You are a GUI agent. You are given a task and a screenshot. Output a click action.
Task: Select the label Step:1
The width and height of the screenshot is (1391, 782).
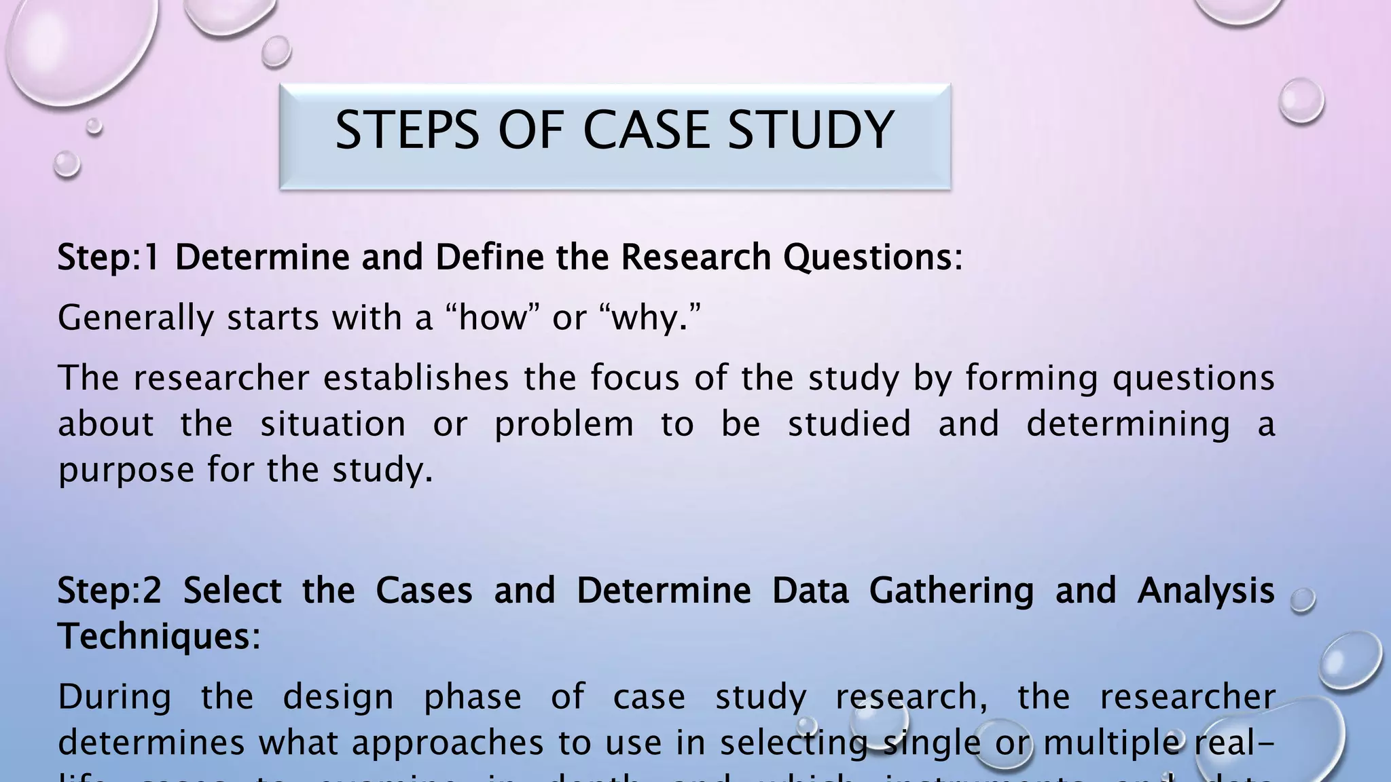pos(109,257)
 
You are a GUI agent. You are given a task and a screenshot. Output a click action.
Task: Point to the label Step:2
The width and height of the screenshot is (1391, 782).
pos(109,590)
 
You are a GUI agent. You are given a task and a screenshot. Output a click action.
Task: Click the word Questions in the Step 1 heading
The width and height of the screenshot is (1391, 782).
pos(872,257)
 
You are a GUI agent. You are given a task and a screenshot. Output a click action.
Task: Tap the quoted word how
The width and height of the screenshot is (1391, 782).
pos(492,318)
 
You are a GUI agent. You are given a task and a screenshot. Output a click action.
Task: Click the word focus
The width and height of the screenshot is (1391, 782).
pos(634,378)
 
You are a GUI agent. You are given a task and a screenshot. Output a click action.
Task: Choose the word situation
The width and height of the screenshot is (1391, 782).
pos(333,424)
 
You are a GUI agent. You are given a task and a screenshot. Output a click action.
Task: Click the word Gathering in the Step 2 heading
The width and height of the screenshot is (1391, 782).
pos(951,591)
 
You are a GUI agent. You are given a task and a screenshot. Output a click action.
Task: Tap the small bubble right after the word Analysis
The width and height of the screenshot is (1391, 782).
pos(1303,599)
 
